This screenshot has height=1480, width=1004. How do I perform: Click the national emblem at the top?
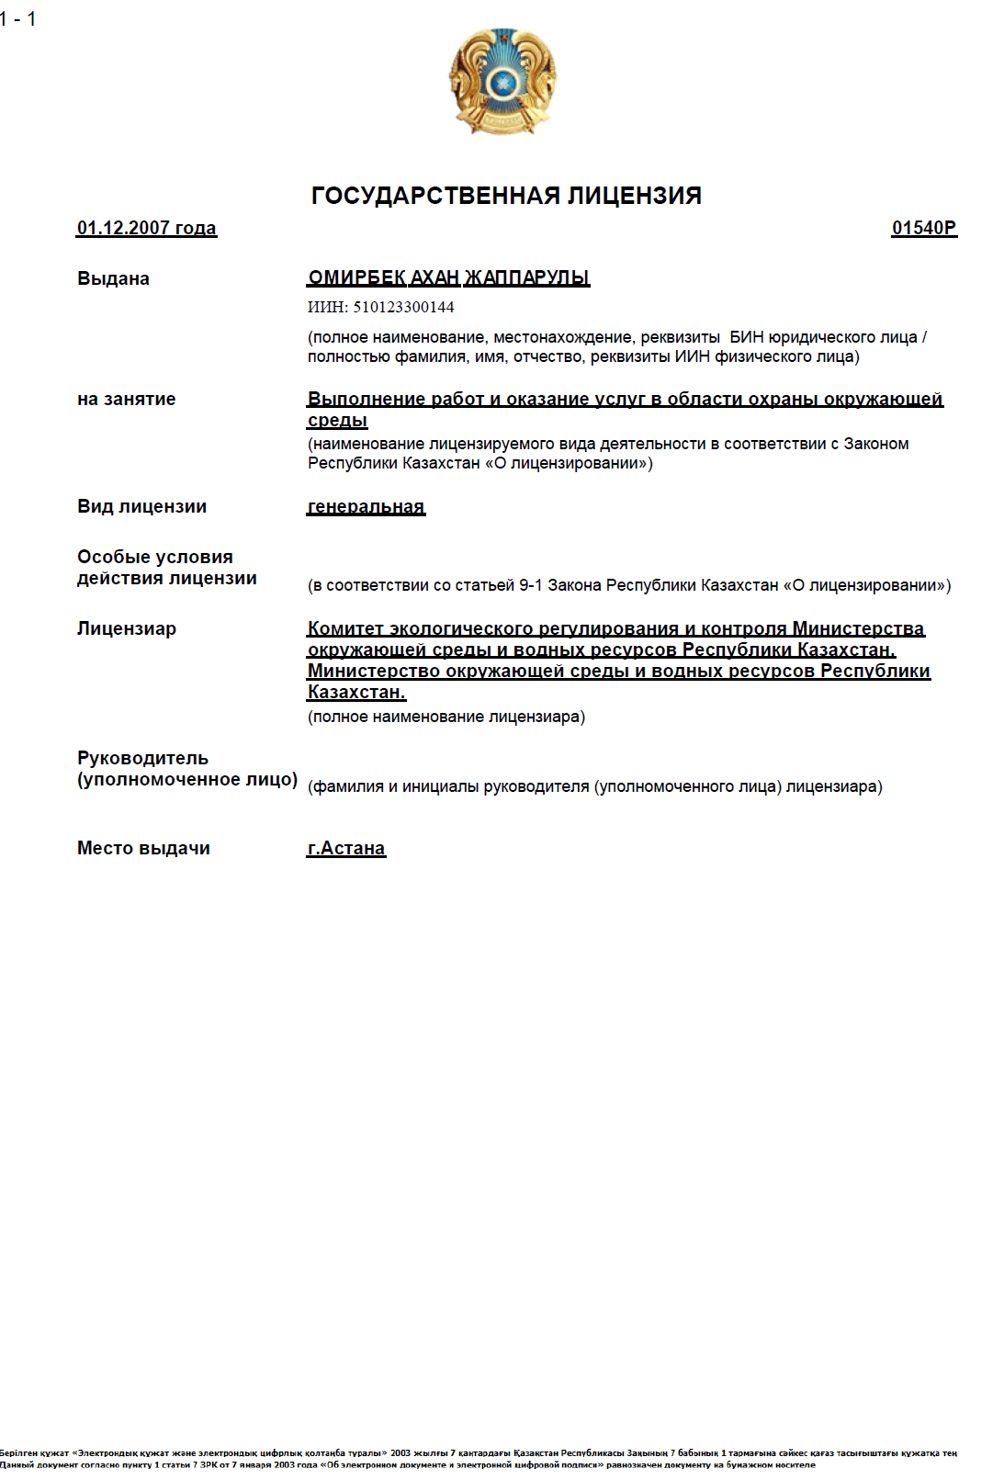click(502, 82)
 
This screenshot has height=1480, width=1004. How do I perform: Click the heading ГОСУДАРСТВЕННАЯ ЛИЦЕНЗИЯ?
click(506, 196)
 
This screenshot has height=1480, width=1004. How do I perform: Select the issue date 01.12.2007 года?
click(147, 228)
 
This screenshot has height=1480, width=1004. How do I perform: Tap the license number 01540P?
click(923, 228)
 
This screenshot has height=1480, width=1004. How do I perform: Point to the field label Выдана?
click(113, 278)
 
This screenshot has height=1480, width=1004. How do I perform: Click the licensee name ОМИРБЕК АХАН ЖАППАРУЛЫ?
click(448, 277)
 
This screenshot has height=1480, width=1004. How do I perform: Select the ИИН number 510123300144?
click(403, 307)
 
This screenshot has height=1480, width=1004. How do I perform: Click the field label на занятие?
click(126, 399)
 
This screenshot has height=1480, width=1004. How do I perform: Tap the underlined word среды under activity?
click(337, 421)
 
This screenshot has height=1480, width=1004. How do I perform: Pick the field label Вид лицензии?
click(141, 506)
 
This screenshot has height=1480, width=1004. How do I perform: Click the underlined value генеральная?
click(366, 506)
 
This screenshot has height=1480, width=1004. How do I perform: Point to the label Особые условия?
click(154, 557)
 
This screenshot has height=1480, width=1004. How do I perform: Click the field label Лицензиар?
click(126, 628)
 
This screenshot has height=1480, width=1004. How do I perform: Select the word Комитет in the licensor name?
click(344, 628)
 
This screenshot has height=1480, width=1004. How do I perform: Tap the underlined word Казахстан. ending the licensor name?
click(356, 692)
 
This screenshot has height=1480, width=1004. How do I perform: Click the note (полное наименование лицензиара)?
click(446, 717)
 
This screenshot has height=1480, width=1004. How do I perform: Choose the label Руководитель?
click(142, 758)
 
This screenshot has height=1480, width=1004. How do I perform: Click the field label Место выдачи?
click(143, 848)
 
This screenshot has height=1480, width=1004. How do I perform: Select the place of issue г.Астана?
click(346, 848)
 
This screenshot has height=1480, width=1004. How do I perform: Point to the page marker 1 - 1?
click(18, 18)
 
